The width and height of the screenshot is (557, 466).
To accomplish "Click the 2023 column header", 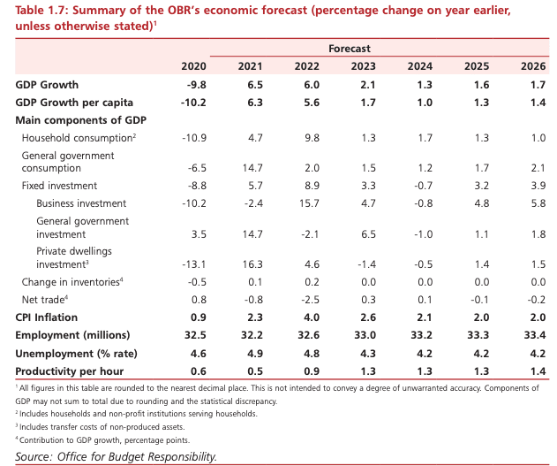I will tap(363, 67).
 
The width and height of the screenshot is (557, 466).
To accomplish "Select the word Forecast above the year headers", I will tap(350, 48).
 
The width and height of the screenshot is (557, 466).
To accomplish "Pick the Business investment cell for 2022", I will tap(306, 202).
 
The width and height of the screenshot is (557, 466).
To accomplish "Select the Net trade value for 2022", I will tap(306, 300).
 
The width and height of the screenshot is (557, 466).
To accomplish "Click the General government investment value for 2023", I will tap(363, 233).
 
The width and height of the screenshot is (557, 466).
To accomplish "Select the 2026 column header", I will tap(531, 67).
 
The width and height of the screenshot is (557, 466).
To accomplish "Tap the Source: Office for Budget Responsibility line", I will tap(116, 456).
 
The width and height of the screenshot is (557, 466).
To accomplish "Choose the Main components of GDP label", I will tap(80, 119).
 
